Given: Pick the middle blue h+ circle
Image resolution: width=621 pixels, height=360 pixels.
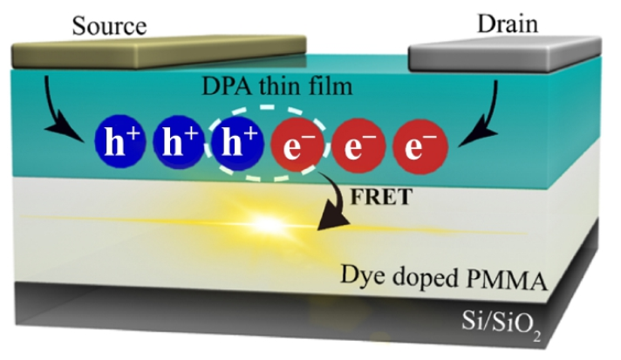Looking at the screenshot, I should pos(179,144).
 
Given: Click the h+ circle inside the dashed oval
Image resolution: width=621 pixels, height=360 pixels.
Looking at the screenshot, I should pos(235,144).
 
